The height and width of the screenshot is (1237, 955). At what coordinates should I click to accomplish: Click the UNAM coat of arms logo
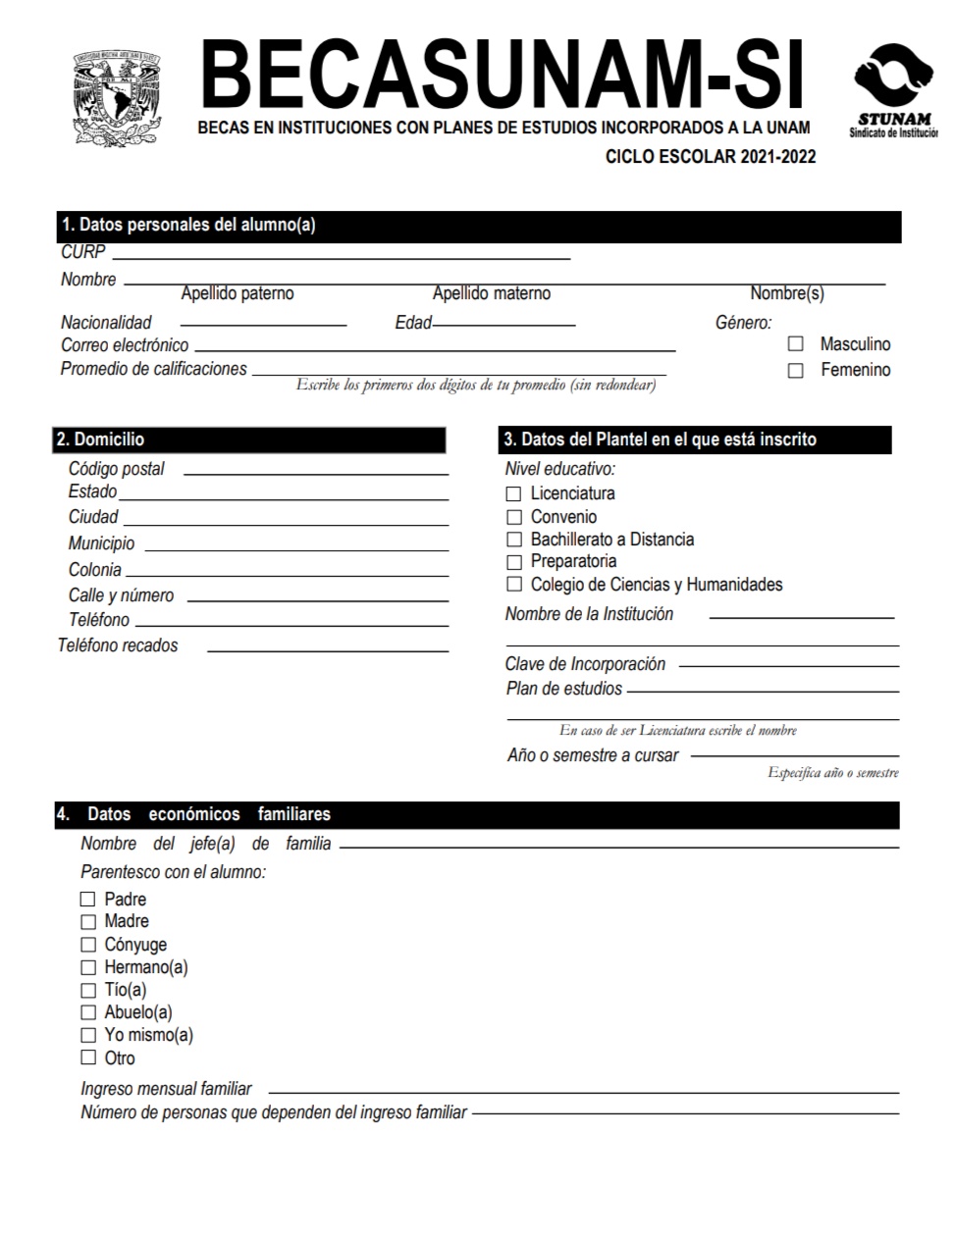(x=116, y=98)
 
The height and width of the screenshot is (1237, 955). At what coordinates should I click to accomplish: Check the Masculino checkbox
(x=796, y=344)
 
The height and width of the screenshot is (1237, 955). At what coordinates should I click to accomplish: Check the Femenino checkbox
(x=796, y=371)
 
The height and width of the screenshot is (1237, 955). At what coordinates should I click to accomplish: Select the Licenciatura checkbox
(x=513, y=493)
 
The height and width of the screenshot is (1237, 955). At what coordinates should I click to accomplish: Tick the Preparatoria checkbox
(x=513, y=562)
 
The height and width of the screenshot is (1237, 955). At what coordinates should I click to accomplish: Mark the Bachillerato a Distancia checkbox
(x=513, y=540)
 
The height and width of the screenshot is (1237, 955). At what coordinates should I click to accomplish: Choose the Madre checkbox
(x=88, y=922)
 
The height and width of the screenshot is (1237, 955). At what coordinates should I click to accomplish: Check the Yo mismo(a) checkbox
(x=88, y=1035)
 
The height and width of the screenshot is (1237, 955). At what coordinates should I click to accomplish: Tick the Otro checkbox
(x=88, y=1057)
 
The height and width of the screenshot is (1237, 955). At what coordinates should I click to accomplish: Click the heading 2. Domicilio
(x=101, y=439)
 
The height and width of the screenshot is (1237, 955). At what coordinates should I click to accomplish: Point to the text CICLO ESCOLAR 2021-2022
(x=710, y=157)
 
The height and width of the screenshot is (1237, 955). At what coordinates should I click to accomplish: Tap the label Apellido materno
(x=492, y=293)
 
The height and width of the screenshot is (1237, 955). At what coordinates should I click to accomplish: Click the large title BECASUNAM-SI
(x=502, y=75)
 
